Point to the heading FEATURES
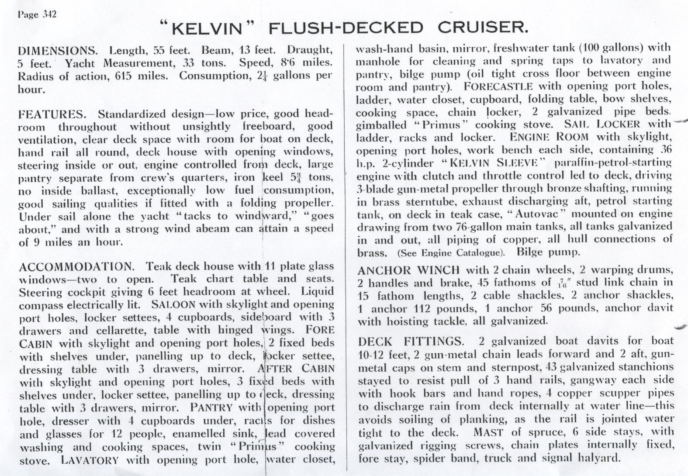(x=52, y=114)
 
